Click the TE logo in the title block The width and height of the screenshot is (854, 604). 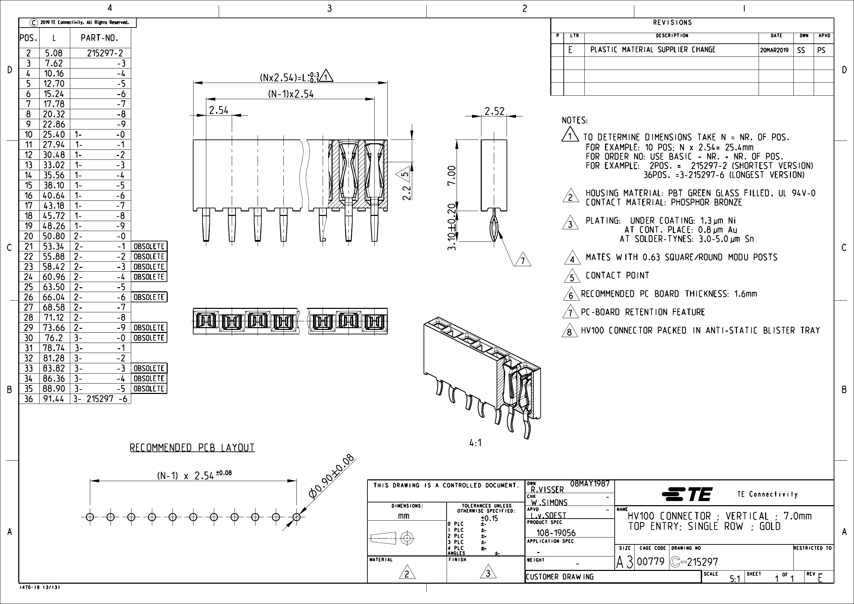click(687, 494)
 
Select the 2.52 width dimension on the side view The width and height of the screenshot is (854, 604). click(494, 111)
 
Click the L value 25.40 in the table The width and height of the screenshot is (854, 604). click(54, 135)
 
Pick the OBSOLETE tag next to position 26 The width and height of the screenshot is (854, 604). click(149, 297)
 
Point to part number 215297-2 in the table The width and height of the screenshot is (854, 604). click(105, 53)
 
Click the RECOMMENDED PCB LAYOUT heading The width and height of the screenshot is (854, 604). click(192, 447)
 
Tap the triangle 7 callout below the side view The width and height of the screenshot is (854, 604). click(522, 260)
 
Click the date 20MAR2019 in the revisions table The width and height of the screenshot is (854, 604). click(774, 50)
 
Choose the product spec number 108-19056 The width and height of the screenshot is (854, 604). click(556, 533)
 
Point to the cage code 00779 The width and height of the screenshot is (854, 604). click(650, 562)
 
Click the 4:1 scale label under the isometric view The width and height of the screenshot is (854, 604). click(475, 443)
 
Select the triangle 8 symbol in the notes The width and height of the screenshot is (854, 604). click(569, 331)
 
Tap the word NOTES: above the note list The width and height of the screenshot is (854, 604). click(574, 121)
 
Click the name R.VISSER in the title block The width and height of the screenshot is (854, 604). click(547, 489)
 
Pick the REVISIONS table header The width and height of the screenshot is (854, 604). click(672, 23)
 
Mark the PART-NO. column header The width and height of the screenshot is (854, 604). click(99, 38)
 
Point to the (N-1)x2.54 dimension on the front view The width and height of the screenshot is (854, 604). click(291, 94)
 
